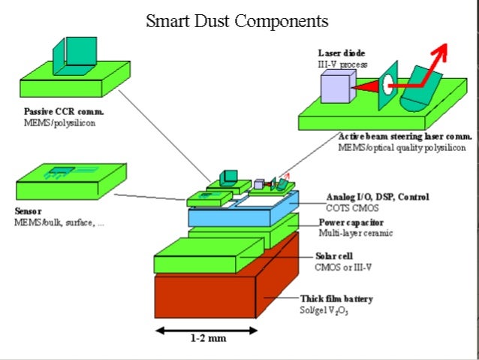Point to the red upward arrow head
[x=439, y=51]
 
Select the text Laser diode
[x=342, y=53]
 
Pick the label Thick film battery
[x=336, y=298]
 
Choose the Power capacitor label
[x=352, y=222]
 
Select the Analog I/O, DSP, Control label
[x=378, y=197]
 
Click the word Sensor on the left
[x=29, y=212]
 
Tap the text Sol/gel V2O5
[x=325, y=309]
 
